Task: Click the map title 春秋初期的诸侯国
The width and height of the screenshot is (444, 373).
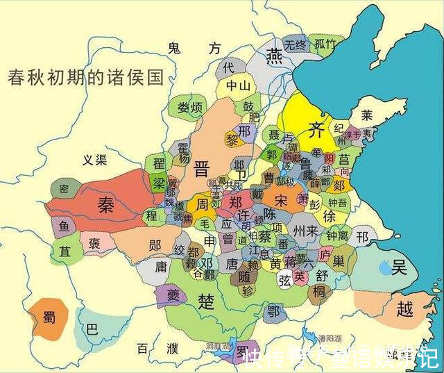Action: coord(85,76)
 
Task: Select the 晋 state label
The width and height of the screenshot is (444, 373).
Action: coord(202,169)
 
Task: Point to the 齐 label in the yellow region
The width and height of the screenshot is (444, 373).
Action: coord(316,129)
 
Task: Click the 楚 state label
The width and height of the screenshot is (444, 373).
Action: coord(207,301)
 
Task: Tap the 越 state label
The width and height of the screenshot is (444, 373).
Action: coord(404,309)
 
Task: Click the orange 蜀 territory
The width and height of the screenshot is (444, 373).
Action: coord(49,316)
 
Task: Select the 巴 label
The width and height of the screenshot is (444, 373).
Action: coord(91,326)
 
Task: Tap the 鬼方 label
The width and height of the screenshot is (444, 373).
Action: coord(195,48)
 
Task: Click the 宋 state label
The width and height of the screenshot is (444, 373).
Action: coord(280,199)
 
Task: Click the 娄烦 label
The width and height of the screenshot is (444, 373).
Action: coord(189,108)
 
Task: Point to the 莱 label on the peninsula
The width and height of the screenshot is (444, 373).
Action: coord(368,115)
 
